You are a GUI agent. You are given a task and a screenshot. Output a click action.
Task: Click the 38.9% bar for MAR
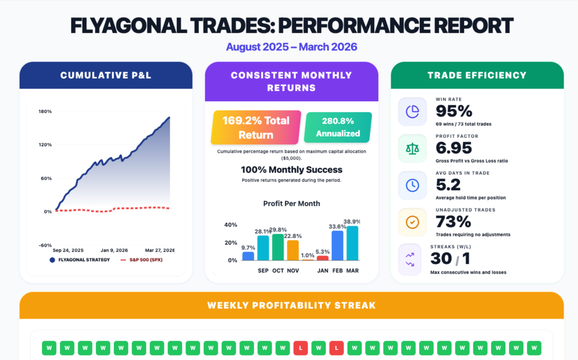coord(353,243)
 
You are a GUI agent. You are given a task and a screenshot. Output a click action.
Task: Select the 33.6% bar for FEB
coord(337,245)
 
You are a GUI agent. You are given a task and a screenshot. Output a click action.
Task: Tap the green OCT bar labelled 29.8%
coord(278,247)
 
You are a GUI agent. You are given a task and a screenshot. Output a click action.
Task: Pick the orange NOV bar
coord(293,250)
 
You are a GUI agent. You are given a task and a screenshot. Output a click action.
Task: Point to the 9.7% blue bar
coord(248,256)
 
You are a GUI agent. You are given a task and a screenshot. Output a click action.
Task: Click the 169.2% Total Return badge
coord(256,128)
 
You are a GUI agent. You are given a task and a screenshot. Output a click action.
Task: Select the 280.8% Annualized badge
coord(338,127)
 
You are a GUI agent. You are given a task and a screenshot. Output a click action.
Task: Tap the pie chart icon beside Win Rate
coord(412,111)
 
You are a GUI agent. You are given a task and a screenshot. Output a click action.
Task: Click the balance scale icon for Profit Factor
coord(412,148)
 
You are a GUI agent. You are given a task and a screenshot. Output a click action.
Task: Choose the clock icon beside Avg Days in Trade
coord(412,185)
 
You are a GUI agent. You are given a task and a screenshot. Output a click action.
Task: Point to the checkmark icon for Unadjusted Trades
coord(412,222)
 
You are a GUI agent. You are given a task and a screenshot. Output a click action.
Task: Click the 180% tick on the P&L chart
coord(45,111)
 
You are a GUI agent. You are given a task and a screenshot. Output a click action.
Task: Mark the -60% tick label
coord(45,245)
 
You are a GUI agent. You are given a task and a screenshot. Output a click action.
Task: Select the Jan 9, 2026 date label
coord(114,250)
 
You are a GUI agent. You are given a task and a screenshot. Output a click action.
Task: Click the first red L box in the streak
coord(300,347)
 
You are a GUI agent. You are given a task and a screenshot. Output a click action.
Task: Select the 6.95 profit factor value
coord(454,148)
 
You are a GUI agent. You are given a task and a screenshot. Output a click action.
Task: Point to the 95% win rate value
coord(454,111)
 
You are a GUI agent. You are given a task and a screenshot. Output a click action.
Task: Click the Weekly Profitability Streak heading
coord(291,306)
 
